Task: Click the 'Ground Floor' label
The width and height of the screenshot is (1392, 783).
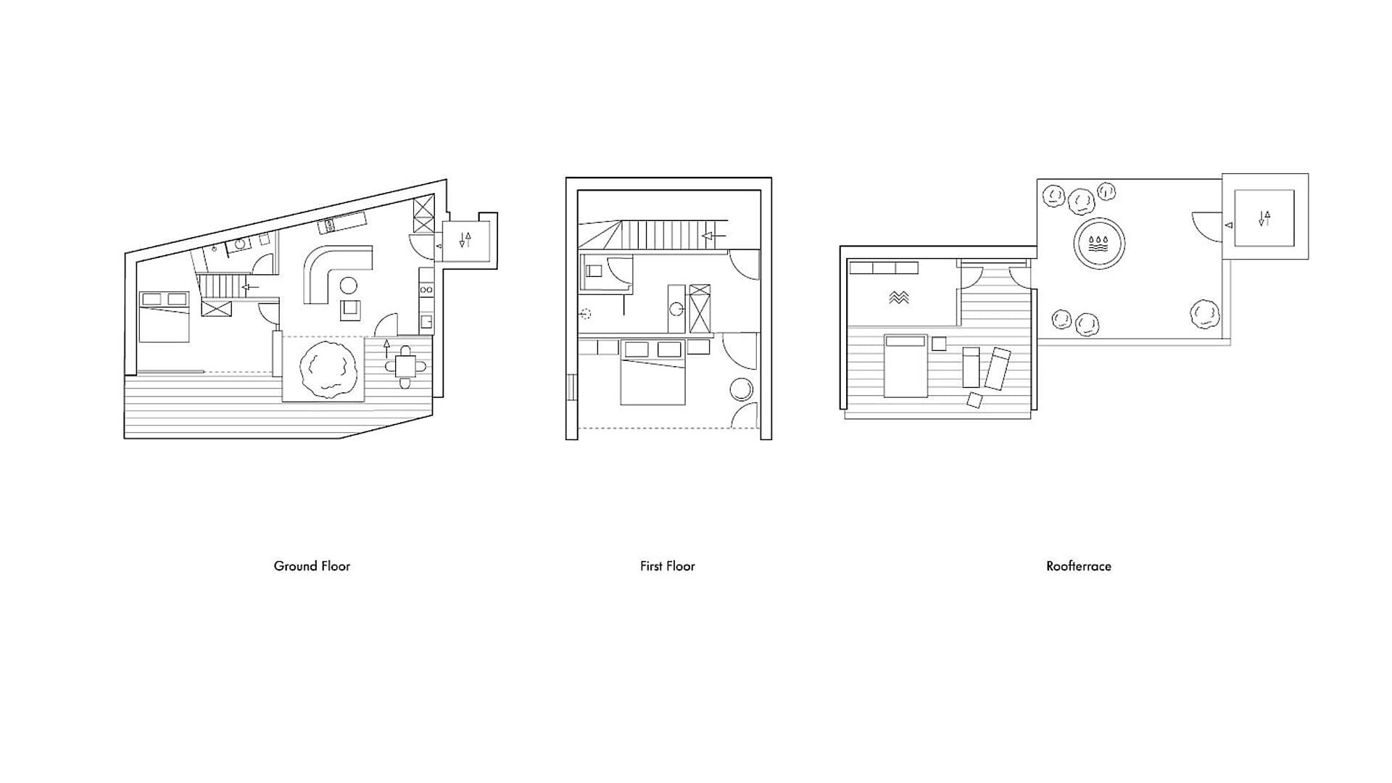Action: click(x=312, y=566)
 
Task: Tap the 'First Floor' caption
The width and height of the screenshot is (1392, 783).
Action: click(x=667, y=566)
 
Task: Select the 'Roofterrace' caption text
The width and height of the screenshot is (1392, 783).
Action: click(x=1078, y=566)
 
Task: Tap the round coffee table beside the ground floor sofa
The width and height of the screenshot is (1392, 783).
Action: click(x=349, y=285)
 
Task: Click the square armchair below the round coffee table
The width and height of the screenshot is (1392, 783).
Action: click(x=351, y=310)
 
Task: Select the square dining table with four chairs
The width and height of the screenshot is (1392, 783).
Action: click(x=406, y=367)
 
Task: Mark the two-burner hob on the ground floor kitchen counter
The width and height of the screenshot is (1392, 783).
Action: click(x=426, y=289)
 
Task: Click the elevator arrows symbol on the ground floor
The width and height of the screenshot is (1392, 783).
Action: click(x=465, y=239)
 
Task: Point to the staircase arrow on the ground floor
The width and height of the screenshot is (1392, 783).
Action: click(x=250, y=287)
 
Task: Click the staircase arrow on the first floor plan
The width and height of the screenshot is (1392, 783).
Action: click(x=713, y=236)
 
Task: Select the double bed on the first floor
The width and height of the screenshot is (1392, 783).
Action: click(x=652, y=377)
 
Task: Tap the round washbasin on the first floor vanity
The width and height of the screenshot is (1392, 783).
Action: click(x=676, y=309)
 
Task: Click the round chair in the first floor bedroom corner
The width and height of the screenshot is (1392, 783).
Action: click(x=742, y=390)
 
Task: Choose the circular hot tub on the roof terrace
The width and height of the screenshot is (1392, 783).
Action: click(x=1099, y=243)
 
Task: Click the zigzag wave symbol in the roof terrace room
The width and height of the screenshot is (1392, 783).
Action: click(x=899, y=297)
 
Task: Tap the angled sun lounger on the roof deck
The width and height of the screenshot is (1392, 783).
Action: click(x=998, y=368)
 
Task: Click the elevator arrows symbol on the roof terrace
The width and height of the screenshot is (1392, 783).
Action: click(x=1264, y=217)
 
